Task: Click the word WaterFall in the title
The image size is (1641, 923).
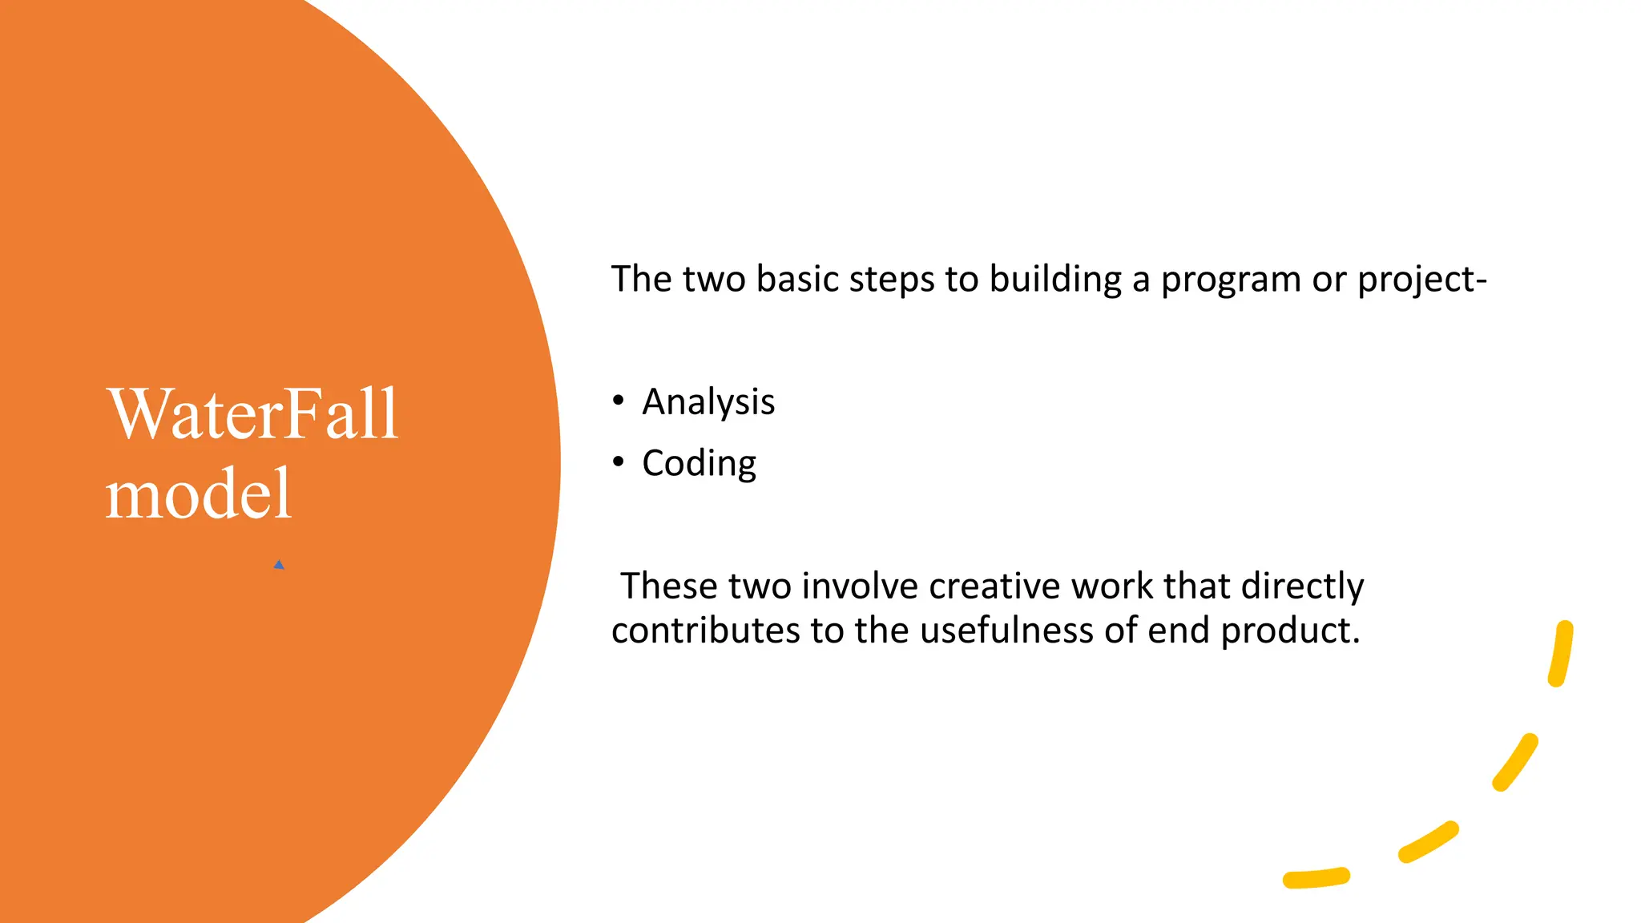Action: pos(252,415)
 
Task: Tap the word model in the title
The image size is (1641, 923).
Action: pos(198,494)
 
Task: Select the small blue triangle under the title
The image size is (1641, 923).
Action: pos(279,565)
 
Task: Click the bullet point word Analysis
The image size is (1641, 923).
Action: pos(708,401)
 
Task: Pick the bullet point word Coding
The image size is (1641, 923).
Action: pos(699,463)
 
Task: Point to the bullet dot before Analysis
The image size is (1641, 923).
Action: pos(618,400)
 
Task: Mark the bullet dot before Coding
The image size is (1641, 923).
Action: pos(618,461)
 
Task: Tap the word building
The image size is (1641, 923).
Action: pos(1055,279)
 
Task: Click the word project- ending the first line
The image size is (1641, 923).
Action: pos(1421,280)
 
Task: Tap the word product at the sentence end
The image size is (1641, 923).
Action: pos(1289,631)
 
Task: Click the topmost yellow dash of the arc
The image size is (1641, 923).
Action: pos(1561,653)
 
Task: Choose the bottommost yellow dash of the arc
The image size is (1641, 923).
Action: pos(1316,878)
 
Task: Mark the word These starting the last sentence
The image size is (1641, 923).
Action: pos(668,586)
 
